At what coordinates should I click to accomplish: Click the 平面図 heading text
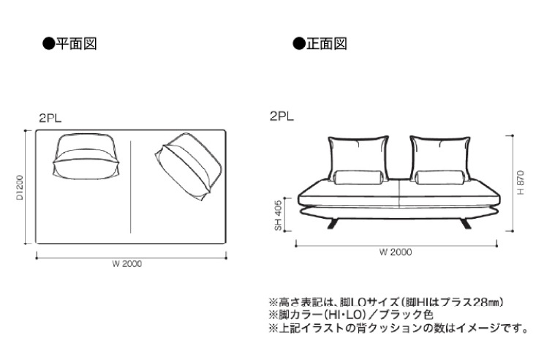click(x=77, y=44)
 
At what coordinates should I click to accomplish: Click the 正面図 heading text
click(x=327, y=44)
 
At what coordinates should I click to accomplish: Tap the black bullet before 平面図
click(x=49, y=44)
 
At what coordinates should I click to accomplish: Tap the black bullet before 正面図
click(x=299, y=44)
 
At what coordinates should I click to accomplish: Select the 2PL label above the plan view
click(x=50, y=118)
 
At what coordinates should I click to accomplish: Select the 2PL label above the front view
click(x=282, y=116)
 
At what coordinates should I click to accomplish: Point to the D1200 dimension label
click(x=20, y=187)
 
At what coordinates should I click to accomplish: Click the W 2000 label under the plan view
click(x=127, y=264)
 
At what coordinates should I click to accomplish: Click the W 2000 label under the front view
click(x=396, y=252)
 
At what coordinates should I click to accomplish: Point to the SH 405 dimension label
click(x=279, y=215)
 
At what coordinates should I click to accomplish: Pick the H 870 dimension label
click(x=521, y=183)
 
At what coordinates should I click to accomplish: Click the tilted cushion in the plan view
click(x=189, y=168)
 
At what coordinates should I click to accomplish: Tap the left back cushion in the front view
click(x=358, y=159)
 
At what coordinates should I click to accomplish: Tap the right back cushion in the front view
click(x=440, y=159)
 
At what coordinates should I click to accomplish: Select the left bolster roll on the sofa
click(x=358, y=177)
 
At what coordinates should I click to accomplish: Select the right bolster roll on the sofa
click(x=440, y=177)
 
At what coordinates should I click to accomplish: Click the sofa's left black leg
click(x=333, y=223)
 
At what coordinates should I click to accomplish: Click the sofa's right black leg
click(x=465, y=223)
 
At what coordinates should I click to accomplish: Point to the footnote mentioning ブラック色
click(x=352, y=314)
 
